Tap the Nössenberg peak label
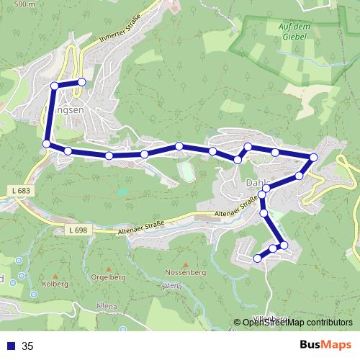(x=186, y=274)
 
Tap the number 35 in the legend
(x=28, y=346)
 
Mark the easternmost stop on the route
(x=313, y=158)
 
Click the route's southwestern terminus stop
(x=257, y=258)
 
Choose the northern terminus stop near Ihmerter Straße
(x=82, y=82)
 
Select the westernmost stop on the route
(x=47, y=145)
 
